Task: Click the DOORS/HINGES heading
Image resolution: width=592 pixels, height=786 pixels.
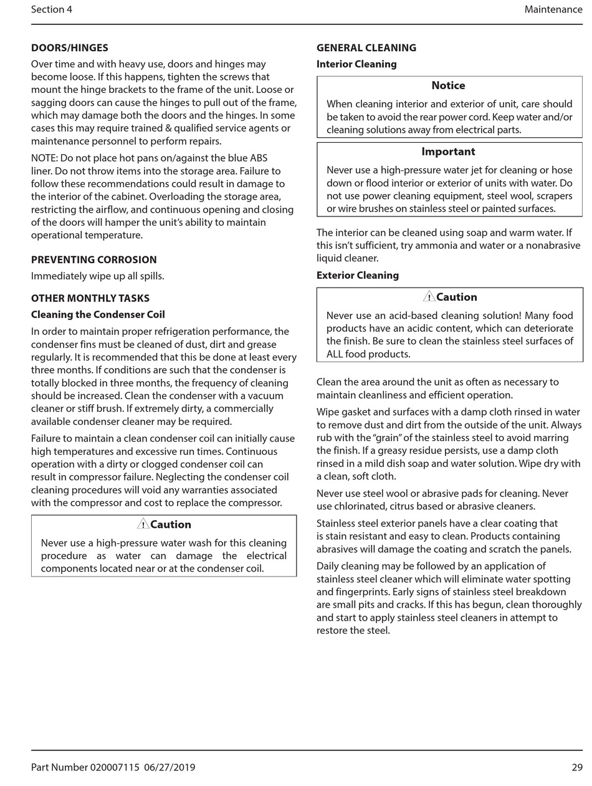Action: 69,48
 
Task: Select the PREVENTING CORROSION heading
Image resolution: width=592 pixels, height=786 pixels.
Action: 93,260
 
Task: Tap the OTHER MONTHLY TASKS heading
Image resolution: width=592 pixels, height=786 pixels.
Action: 90,298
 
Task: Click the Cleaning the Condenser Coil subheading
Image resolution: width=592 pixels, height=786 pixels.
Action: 98,314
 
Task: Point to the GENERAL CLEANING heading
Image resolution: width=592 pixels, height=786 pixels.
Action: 366,48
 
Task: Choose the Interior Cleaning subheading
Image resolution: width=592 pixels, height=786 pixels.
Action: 356,64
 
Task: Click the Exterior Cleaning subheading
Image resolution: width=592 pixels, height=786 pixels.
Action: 357,275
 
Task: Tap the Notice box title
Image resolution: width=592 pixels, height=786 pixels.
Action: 448,85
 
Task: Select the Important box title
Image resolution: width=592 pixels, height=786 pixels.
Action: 448,152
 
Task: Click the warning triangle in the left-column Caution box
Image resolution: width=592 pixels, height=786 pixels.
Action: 143,524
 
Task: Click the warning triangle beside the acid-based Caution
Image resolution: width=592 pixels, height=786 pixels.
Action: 429,296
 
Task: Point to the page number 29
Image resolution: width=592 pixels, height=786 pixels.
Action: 576,767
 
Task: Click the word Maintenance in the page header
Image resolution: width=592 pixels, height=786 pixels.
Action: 553,9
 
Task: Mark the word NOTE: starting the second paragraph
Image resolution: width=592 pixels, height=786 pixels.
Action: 45,158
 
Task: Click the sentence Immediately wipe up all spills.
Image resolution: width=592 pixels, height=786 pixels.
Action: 98,276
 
